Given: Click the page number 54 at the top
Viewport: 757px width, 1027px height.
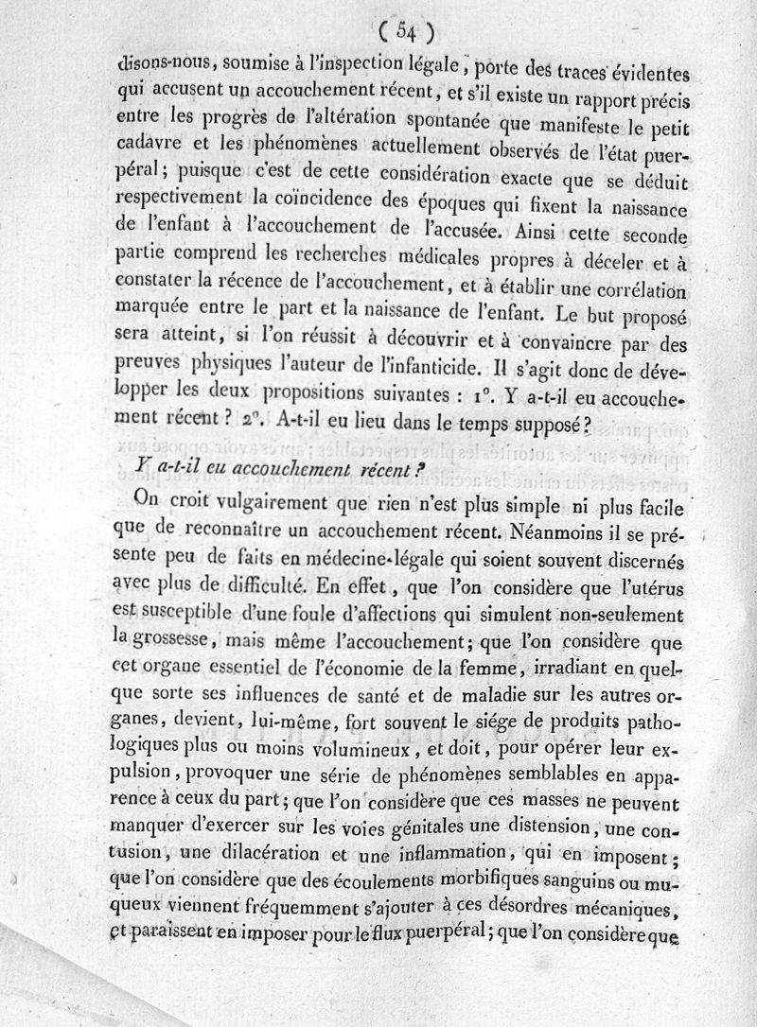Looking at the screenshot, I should tap(406, 32).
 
